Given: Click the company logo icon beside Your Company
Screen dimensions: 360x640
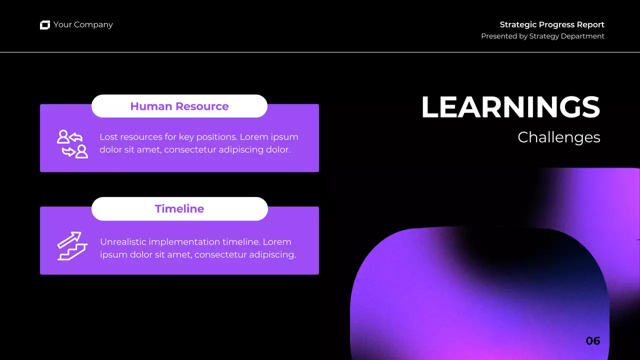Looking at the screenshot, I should pyautogui.click(x=45, y=25).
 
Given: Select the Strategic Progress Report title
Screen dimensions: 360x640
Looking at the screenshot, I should pyautogui.click(x=552, y=24).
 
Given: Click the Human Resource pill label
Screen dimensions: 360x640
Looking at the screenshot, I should pyautogui.click(x=179, y=106).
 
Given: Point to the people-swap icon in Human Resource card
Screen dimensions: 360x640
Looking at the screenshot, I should pyautogui.click(x=72, y=144).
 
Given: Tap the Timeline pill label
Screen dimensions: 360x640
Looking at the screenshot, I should pyautogui.click(x=179, y=208).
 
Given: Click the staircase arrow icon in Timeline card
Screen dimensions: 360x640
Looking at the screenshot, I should pyautogui.click(x=72, y=246).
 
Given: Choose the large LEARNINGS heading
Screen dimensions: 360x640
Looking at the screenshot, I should pyautogui.click(x=510, y=107).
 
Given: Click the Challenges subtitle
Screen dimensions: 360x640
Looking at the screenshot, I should pyautogui.click(x=558, y=137).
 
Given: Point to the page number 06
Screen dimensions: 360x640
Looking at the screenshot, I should pyautogui.click(x=592, y=341).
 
